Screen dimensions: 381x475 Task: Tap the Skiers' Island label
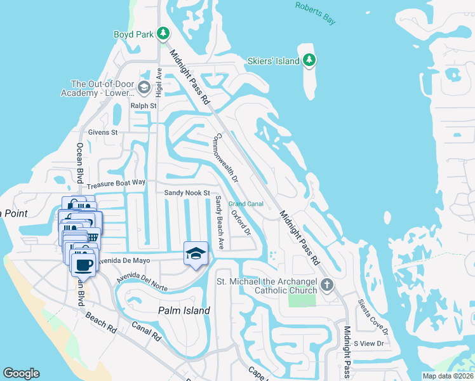point(274,61)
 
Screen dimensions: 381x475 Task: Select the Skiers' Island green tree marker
point(309,60)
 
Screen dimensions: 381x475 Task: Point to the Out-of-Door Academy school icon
point(144,88)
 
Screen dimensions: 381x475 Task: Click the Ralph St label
point(143,106)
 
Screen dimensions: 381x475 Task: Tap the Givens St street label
point(103,132)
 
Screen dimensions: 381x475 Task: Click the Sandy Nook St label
point(187,192)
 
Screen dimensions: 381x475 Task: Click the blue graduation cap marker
point(196,254)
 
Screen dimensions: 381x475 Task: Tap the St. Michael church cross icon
point(327,284)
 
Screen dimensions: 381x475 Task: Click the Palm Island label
point(184,311)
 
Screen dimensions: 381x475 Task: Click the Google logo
point(21,373)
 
